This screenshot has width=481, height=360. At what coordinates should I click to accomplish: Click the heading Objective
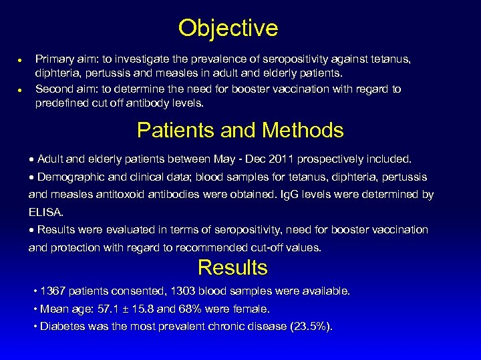[228, 28]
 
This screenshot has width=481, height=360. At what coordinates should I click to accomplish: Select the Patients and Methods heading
[240, 129]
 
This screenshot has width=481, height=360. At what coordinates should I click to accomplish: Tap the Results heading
[232, 267]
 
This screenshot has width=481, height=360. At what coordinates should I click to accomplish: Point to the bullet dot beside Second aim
[21, 89]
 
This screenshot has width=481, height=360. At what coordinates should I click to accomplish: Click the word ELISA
[45, 212]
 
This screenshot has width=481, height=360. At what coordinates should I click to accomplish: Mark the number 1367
[53, 291]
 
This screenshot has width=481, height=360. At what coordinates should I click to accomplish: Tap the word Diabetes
[61, 326]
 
